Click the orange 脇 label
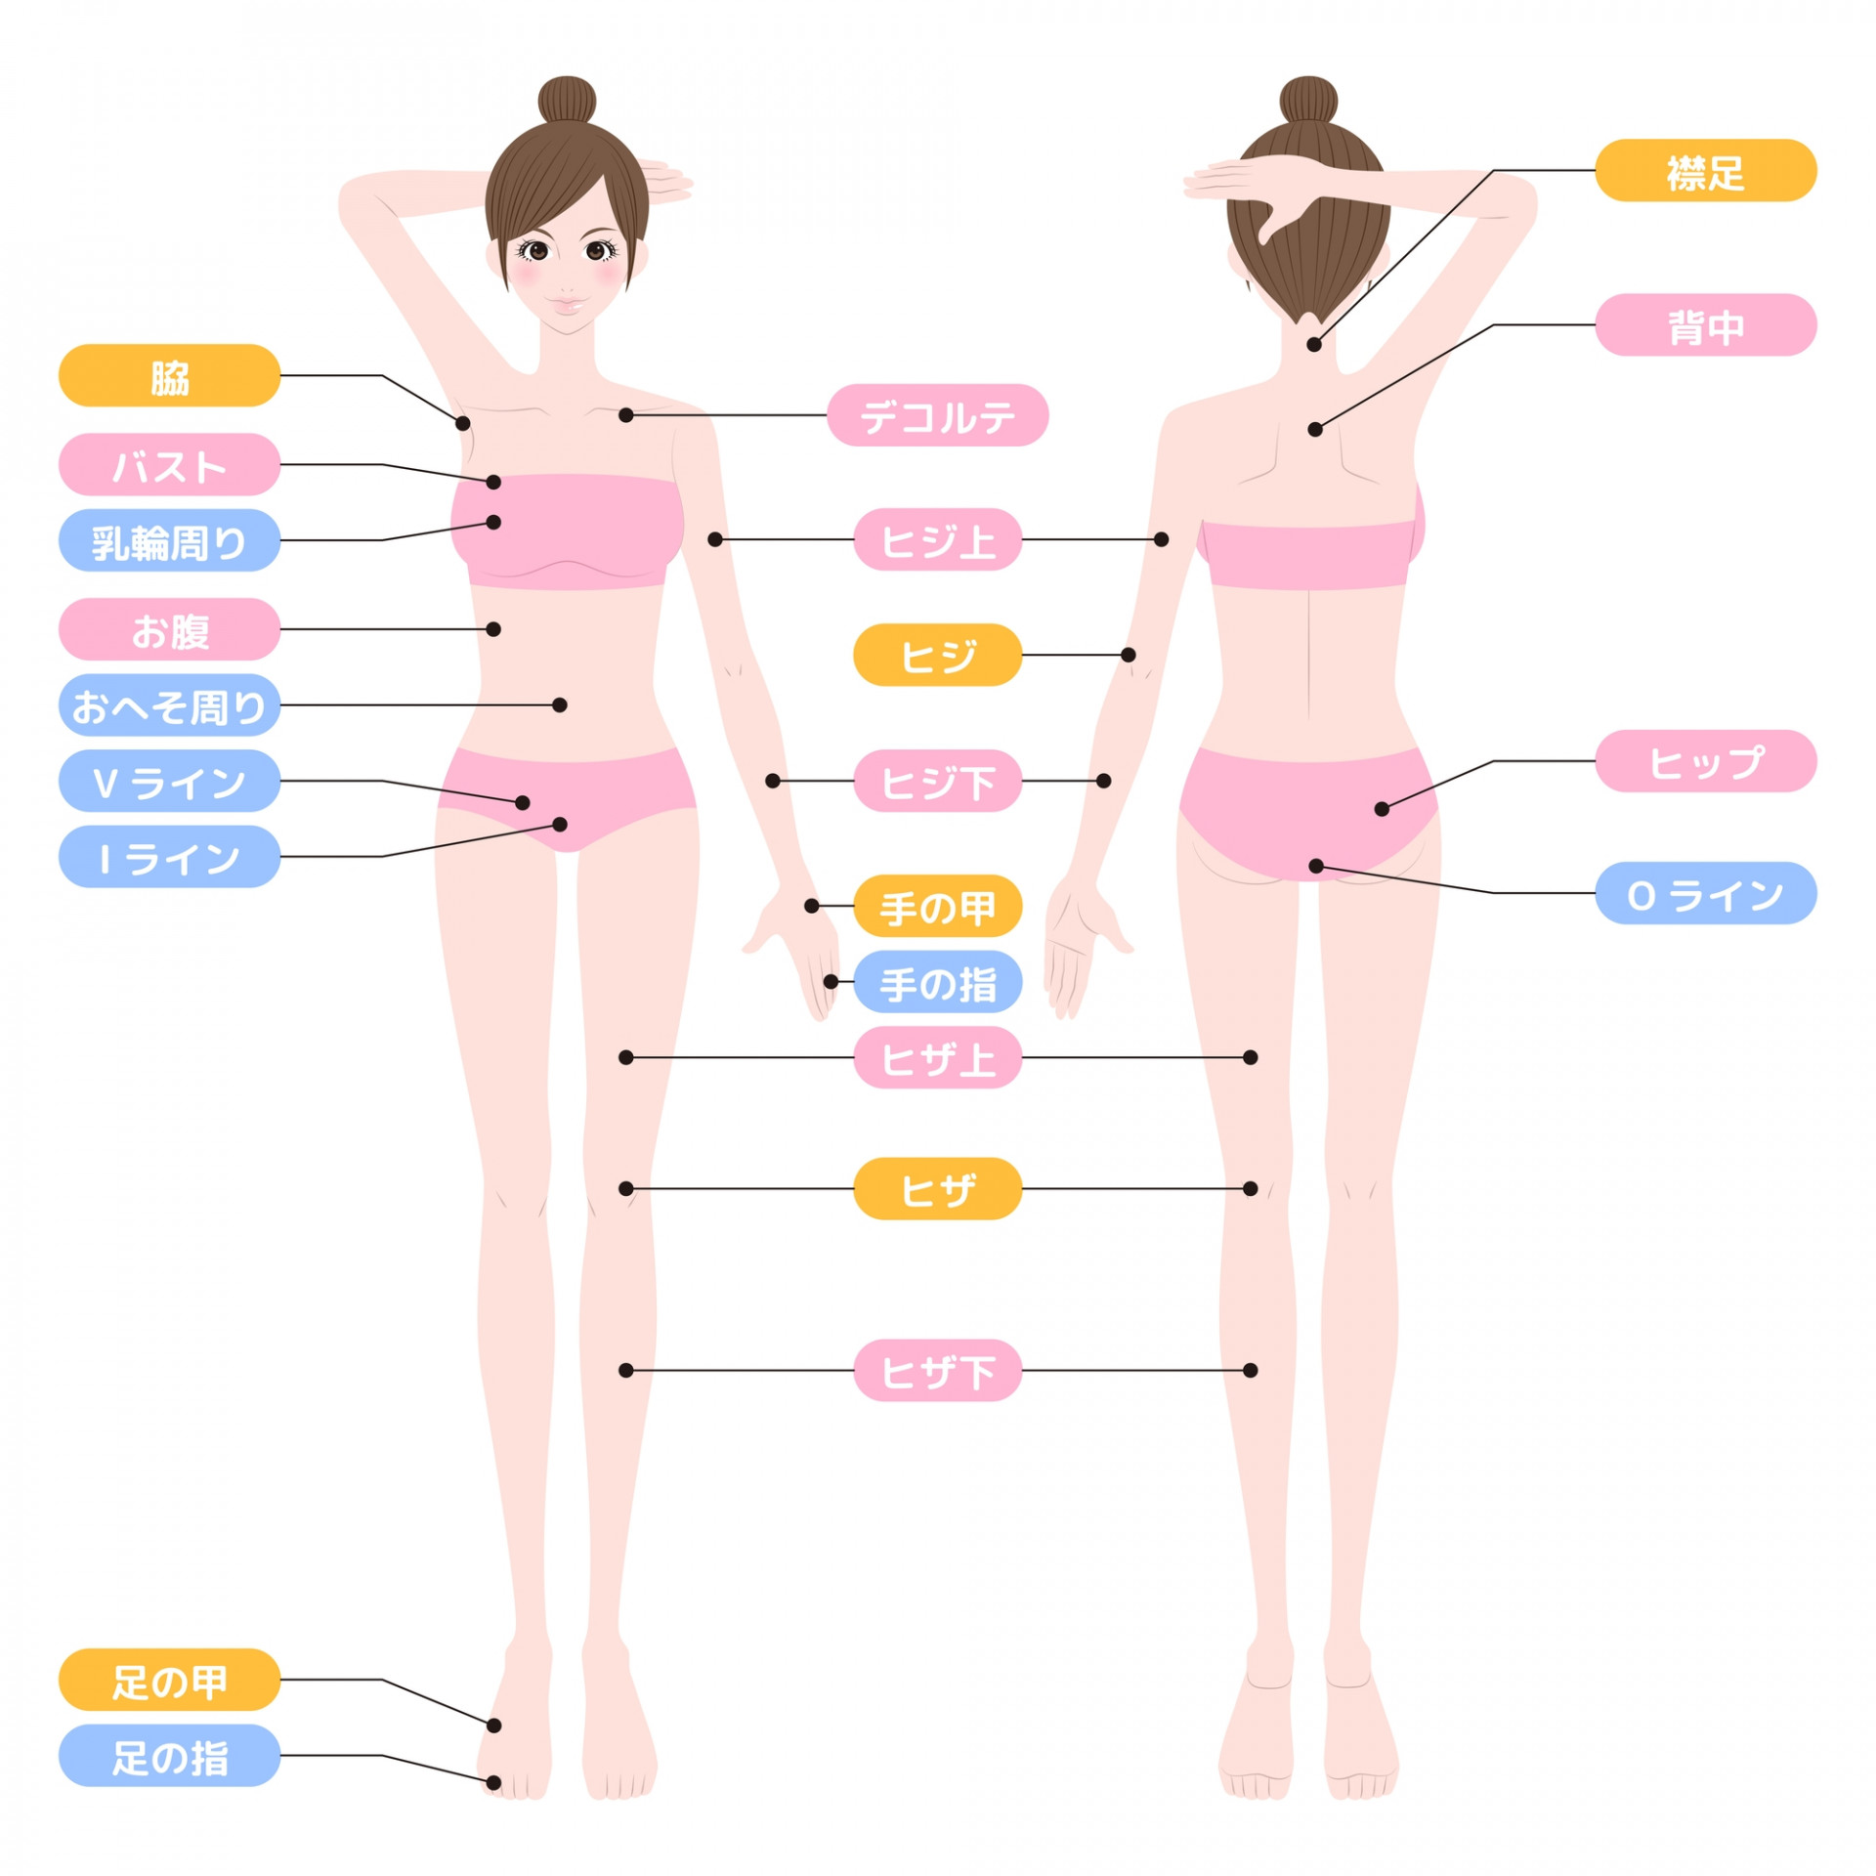click(169, 375)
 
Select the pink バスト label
click(169, 464)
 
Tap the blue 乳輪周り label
click(169, 540)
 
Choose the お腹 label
click(169, 629)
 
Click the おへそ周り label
click(169, 704)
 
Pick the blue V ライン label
click(169, 781)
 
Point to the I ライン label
click(169, 857)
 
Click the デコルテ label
click(937, 415)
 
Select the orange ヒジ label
click(937, 655)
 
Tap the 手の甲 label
click(937, 906)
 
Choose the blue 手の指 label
click(937, 982)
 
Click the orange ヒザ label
click(937, 1189)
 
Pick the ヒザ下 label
click(937, 1371)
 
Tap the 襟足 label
click(1705, 170)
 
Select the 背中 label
click(1705, 324)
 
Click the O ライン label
click(1705, 893)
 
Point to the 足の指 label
click(169, 1756)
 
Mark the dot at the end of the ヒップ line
click(1382, 809)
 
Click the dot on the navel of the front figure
click(560, 704)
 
